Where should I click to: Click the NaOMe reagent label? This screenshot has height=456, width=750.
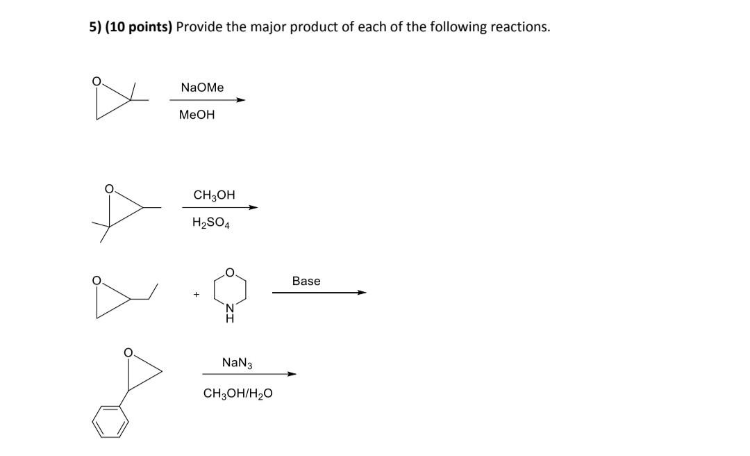pyautogui.click(x=202, y=88)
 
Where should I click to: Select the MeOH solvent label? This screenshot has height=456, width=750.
pyautogui.click(x=197, y=115)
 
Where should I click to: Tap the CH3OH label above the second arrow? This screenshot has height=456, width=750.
pyautogui.click(x=214, y=195)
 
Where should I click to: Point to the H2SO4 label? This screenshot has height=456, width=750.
pyautogui.click(x=211, y=223)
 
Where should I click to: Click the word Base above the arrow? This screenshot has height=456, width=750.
pyautogui.click(x=306, y=281)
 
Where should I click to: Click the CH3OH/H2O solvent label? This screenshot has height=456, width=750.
pyautogui.click(x=237, y=393)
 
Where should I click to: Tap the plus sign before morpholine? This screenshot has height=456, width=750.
pyautogui.click(x=197, y=295)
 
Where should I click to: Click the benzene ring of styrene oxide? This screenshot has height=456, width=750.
pyautogui.click(x=111, y=422)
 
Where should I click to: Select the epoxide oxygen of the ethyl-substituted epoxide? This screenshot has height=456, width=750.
pyautogui.click(x=99, y=281)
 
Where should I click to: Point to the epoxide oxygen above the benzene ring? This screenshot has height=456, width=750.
pyautogui.click(x=128, y=353)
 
